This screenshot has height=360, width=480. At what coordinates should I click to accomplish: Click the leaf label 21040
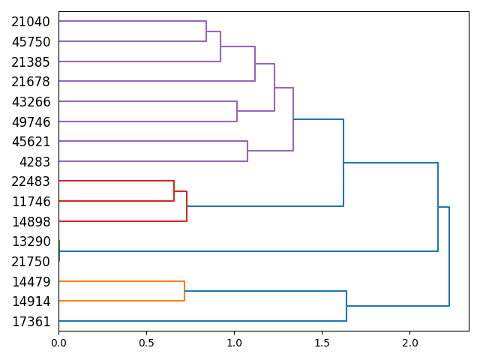[31, 22]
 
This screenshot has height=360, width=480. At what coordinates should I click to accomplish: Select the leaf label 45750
[31, 42]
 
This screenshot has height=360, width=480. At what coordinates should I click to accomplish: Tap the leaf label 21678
[31, 82]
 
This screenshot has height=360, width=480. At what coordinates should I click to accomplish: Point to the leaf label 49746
[31, 121]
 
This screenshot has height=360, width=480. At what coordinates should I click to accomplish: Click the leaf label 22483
[31, 181]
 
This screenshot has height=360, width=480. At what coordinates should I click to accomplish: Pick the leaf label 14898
[31, 221]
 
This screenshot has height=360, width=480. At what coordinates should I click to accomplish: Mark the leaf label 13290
[31, 241]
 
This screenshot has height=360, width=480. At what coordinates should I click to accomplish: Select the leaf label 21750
[31, 262]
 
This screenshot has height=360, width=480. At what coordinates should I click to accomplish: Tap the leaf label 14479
[31, 282]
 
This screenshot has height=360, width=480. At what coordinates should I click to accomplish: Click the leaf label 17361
[31, 322]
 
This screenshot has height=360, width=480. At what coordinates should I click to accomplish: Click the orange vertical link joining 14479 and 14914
[184, 291]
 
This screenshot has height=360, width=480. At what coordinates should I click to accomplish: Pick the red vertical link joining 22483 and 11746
[174, 191]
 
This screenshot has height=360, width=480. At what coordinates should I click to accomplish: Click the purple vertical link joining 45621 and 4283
[247, 151]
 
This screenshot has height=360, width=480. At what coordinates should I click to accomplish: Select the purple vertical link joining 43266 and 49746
[237, 111]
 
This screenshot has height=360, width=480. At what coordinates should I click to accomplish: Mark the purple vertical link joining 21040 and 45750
[206, 31]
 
